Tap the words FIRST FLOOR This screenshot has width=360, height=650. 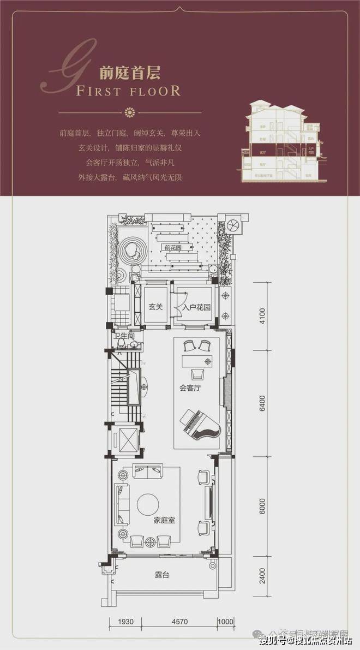(x=129, y=91)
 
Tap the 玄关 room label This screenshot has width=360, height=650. (x=155, y=306)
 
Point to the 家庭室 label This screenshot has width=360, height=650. (x=164, y=520)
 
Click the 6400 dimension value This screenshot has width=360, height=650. (x=262, y=407)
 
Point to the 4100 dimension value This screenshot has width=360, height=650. (x=262, y=317)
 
